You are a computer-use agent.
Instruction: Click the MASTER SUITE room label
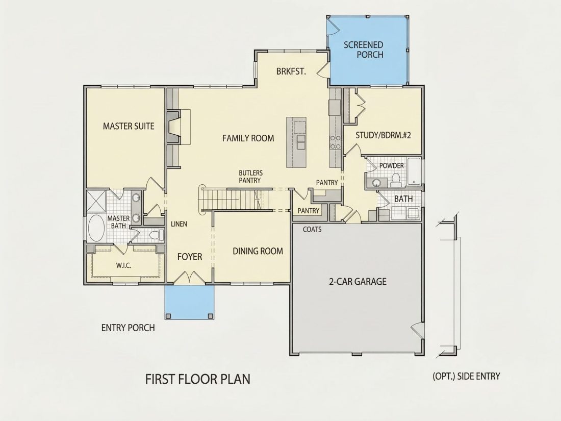pos(129,126)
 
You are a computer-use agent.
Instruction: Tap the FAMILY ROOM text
pos(248,138)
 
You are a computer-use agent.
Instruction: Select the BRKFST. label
pos(291,71)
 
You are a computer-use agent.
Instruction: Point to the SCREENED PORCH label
pos(364,50)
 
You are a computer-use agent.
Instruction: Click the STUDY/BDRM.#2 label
pos(383,135)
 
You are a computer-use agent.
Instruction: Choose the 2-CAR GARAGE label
pos(358,281)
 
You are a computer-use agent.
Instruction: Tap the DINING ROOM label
pos(258,251)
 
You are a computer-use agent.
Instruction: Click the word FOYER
pos(190,257)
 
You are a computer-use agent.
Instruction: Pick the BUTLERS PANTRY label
pos(250,177)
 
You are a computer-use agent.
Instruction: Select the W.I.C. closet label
pos(123,265)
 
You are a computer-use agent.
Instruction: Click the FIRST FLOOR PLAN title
pos(198,379)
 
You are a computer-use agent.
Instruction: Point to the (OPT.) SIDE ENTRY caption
pos(466,376)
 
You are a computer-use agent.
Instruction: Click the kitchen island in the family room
pos(296,142)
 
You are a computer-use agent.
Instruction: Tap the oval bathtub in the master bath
pos(96,228)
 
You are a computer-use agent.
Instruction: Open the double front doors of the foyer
pos(190,278)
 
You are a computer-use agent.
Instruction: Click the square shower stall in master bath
pos(96,201)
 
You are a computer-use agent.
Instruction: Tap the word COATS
pos(312,229)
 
